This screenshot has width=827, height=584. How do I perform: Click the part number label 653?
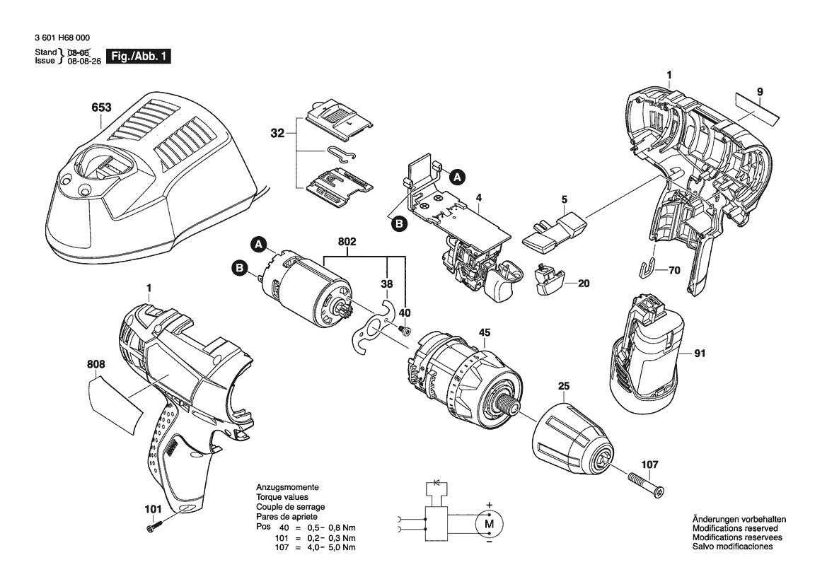tap(102, 108)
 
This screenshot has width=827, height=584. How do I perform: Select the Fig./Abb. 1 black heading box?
tap(137, 57)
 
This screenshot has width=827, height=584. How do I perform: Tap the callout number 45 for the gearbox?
tap(485, 332)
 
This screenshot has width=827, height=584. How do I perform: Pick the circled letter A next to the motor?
tap(260, 244)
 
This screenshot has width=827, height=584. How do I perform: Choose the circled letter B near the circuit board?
tap(399, 223)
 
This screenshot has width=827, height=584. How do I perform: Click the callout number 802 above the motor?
tap(347, 242)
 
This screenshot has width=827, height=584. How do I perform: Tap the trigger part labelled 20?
tap(549, 282)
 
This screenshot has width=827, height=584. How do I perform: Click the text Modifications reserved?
tap(734, 528)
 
